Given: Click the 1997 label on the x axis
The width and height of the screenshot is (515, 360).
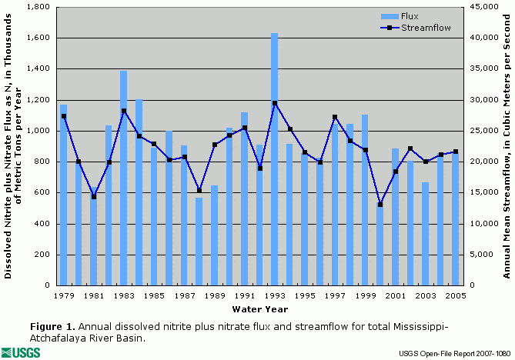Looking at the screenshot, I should pyautogui.click(x=334, y=295).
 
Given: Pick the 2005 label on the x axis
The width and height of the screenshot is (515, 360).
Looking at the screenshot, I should pyautogui.click(x=455, y=295).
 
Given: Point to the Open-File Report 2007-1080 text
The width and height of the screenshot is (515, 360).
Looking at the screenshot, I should pyautogui.click(x=453, y=353).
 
